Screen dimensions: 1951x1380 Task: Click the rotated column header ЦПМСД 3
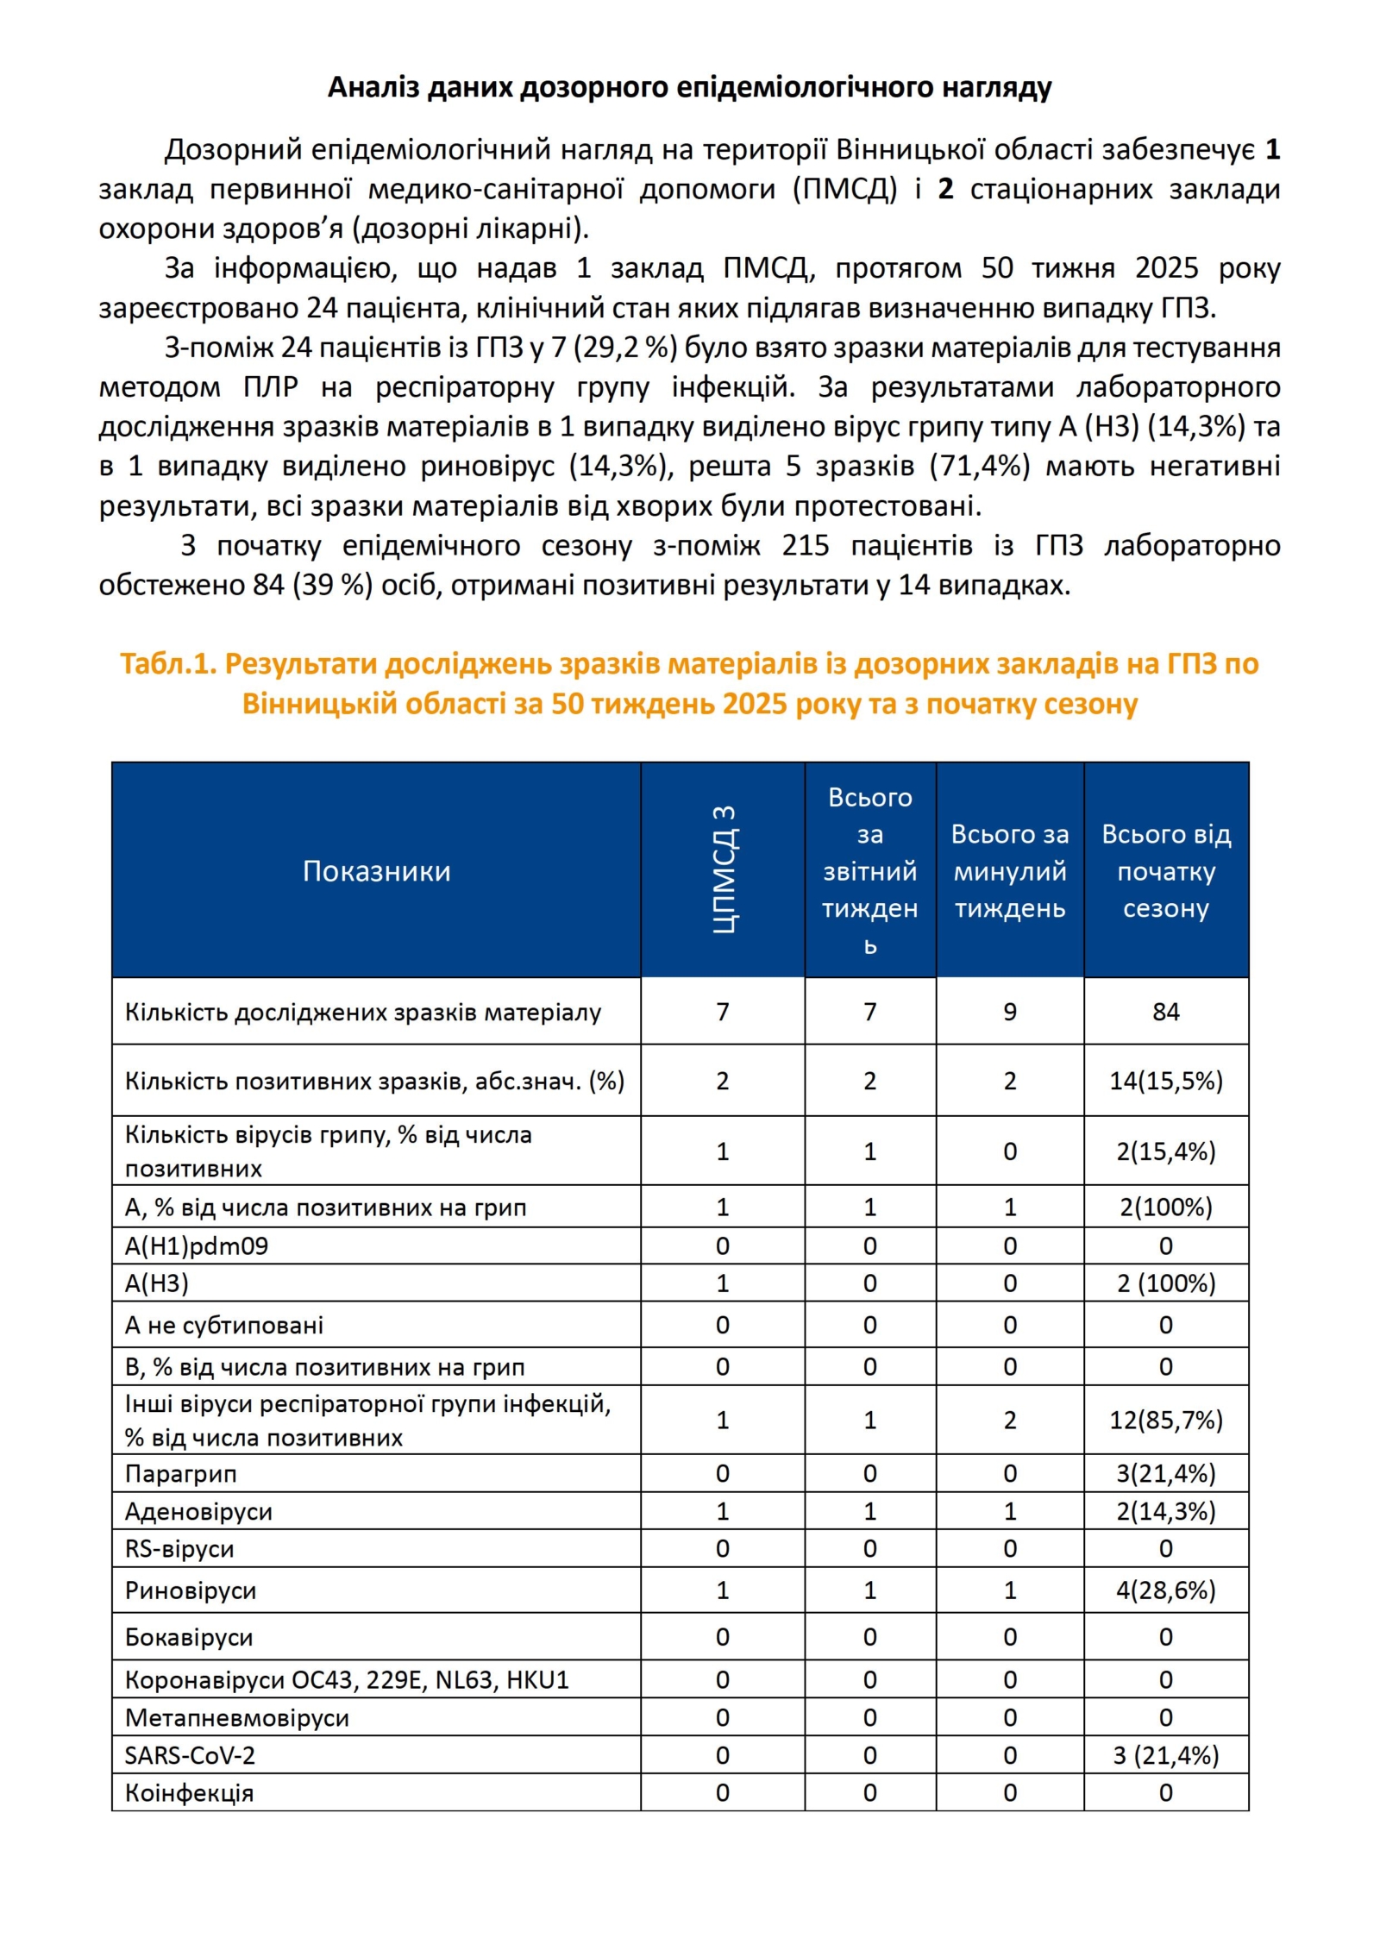[x=724, y=869]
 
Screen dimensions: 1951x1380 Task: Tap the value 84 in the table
[x=1165, y=1011]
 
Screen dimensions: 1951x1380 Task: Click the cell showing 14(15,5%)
[x=1165, y=1081]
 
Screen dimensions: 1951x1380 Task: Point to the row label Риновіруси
[x=191, y=1590]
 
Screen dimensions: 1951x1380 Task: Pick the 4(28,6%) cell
[x=1165, y=1590]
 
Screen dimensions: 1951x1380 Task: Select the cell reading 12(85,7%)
[x=1165, y=1420]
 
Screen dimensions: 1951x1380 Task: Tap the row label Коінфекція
[x=189, y=1793]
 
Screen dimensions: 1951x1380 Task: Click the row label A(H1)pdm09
[x=197, y=1246]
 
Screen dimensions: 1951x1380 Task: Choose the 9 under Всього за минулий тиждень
[x=1009, y=1011]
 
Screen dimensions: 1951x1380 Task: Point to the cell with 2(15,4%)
[x=1165, y=1151]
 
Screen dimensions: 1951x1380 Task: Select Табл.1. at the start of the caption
[x=168, y=663]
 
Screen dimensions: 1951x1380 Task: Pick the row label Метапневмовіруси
[x=237, y=1717]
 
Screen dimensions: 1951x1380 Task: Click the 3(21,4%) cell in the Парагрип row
[x=1165, y=1473]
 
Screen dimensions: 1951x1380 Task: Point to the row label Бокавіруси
[x=189, y=1637]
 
